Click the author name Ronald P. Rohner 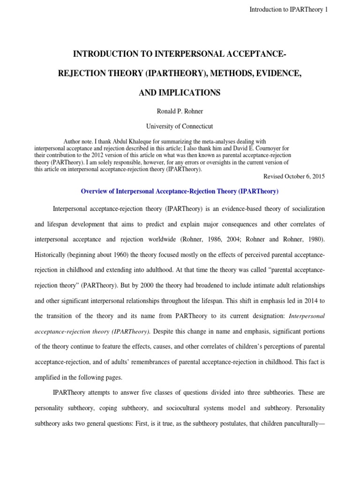(180, 112)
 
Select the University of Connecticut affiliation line (180, 127)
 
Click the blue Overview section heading (180, 191)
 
